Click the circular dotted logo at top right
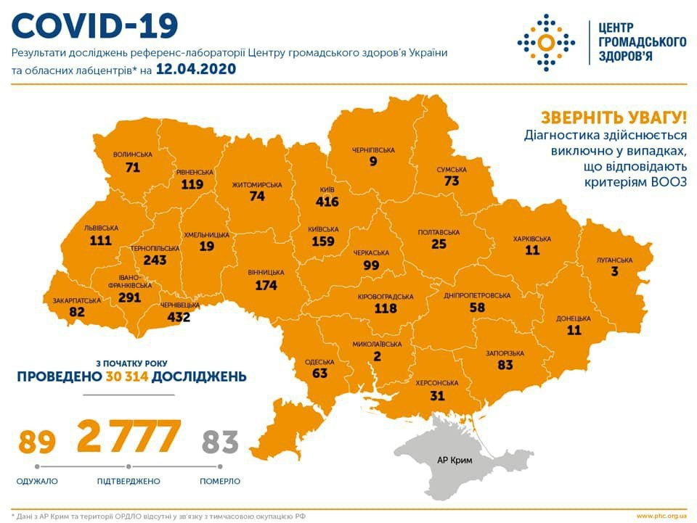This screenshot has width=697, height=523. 545,42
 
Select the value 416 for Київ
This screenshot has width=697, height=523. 327,202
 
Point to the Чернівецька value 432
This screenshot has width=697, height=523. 175,317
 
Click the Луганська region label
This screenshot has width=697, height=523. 614,260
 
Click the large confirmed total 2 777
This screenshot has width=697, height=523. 129,436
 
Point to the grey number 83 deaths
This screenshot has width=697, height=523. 220,440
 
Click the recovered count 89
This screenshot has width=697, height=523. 38,440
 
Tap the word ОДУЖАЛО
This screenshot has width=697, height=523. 37,481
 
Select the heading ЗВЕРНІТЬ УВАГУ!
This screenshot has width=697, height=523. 613,118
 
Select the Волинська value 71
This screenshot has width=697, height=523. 132,168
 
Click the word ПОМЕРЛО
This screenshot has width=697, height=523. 220,481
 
